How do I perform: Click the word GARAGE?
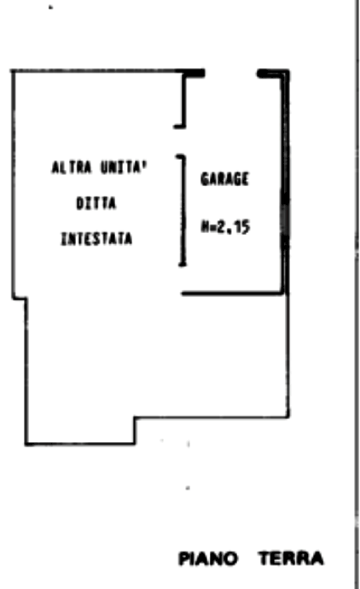[224, 179]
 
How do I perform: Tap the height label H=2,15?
[225, 227]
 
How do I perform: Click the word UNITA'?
[124, 167]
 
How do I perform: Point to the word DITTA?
[96, 204]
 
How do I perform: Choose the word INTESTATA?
[96, 239]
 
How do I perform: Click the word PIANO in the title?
[208, 558]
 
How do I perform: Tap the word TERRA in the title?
[291, 558]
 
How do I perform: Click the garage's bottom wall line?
[233, 293]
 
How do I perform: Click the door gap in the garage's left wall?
[183, 141]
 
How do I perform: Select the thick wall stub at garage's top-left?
[194, 73]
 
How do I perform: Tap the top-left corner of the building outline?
[14, 71]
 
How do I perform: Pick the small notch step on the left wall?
[20, 299]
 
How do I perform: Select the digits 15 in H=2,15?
[244, 227]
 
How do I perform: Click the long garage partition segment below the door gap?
[183, 210]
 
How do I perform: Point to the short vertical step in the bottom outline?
[135, 430]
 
